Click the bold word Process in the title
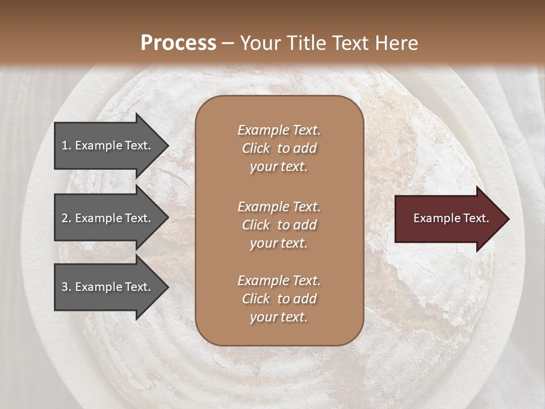(178, 43)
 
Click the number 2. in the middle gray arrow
(66, 218)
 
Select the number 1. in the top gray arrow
(66, 145)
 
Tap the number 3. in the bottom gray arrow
(66, 287)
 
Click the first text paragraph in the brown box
(279, 148)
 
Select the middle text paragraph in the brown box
(279, 225)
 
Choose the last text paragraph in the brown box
(279, 299)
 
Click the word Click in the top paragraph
(255, 148)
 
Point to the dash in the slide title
(228, 43)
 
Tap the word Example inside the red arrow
(434, 218)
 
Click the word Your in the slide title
(261, 43)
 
